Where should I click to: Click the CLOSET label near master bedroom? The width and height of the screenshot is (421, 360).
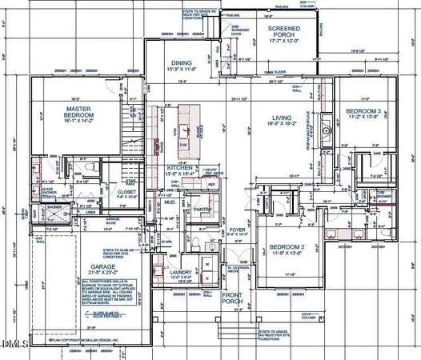(126, 193)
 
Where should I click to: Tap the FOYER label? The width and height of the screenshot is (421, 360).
(238, 230)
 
